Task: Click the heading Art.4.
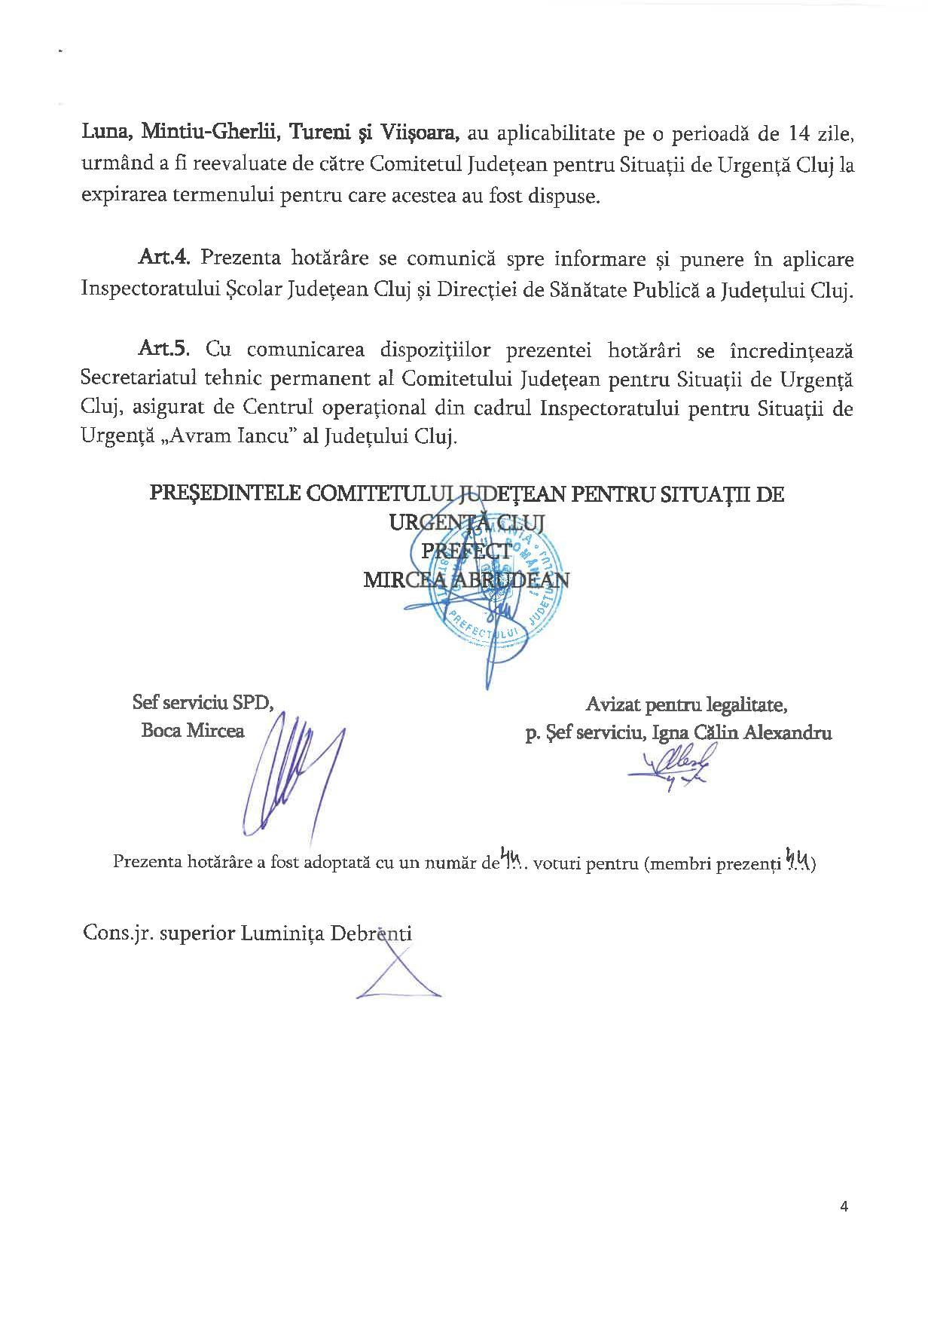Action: tap(166, 259)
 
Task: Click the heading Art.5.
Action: tap(166, 350)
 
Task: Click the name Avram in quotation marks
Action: tap(177, 438)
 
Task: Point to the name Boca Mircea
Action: tap(193, 731)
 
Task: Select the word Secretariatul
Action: tap(139, 379)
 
